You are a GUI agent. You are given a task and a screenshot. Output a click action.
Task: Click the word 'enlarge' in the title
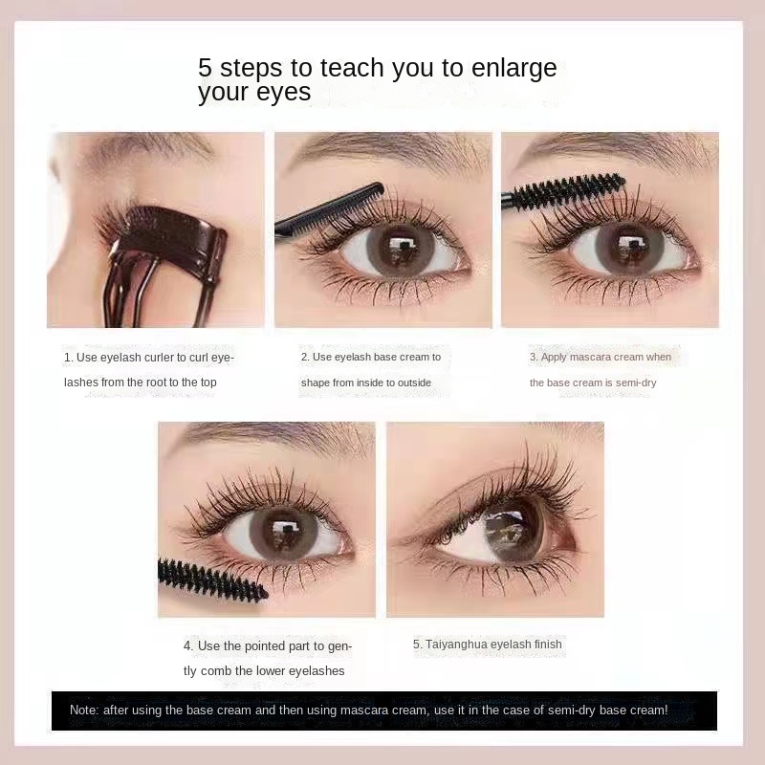[514, 68]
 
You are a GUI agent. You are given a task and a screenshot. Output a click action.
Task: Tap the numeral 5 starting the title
[205, 68]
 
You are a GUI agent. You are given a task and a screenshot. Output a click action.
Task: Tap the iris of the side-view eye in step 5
[513, 529]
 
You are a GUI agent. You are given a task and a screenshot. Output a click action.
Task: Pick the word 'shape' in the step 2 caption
[316, 382]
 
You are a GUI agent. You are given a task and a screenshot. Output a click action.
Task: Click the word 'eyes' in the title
[283, 93]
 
